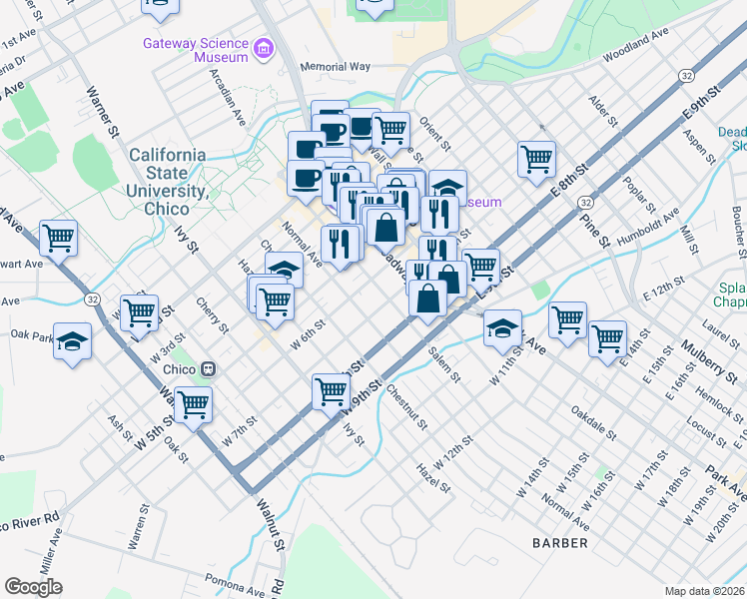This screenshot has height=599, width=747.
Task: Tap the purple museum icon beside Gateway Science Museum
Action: click(264, 47)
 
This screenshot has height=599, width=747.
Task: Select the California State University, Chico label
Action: click(168, 182)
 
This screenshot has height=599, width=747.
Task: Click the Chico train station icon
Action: click(209, 367)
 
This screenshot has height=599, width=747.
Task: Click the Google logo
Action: click(33, 587)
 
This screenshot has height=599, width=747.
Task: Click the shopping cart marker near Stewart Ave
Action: click(59, 239)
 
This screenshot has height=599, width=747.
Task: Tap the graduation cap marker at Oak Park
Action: click(73, 340)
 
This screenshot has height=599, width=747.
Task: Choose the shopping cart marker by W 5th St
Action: click(193, 404)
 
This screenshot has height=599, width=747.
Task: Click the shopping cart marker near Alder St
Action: click(537, 157)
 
